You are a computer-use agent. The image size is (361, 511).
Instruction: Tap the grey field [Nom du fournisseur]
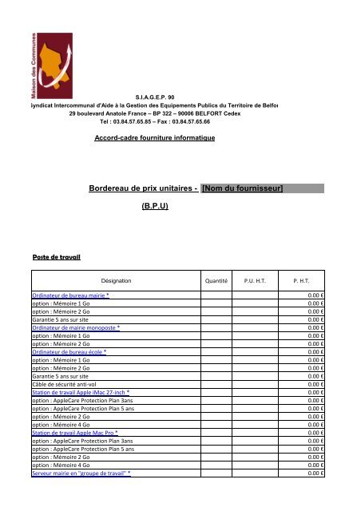click(263, 188)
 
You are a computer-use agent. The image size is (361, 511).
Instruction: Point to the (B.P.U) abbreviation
click(155, 205)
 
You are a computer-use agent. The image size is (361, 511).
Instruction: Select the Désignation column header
click(117, 281)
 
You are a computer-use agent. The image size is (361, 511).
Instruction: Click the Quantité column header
click(215, 281)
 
